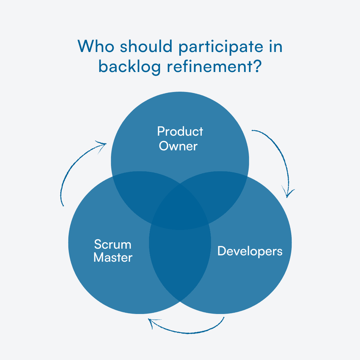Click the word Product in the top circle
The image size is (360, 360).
coord(180,131)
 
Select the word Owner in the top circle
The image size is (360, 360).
coord(178,146)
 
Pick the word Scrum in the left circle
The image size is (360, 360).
coord(113,244)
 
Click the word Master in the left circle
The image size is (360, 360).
coord(113,258)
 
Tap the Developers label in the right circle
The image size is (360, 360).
coord(250,251)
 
